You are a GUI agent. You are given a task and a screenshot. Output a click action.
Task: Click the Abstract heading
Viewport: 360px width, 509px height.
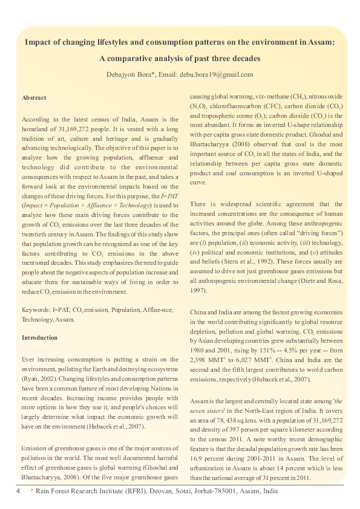pyautogui.click(x=34, y=97)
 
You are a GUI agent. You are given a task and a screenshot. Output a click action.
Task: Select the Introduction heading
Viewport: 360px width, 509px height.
pyautogui.click(x=39, y=337)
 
